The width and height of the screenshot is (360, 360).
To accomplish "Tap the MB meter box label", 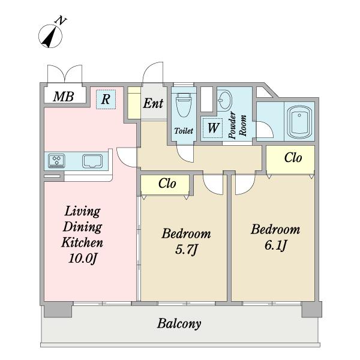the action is (x=64, y=97).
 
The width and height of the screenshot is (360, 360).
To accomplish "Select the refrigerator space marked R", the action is (x=106, y=99).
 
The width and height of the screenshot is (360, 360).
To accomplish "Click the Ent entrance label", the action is (x=153, y=103).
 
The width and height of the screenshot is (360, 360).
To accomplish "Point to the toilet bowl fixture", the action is (x=184, y=104).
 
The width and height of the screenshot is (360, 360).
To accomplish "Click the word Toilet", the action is (x=184, y=131).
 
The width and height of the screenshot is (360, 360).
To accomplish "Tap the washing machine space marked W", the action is (x=213, y=128).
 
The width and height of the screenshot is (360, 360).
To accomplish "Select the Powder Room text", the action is (x=238, y=125).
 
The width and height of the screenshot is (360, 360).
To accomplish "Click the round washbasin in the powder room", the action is (x=224, y=101).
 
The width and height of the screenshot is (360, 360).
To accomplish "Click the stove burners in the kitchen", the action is (x=56, y=160).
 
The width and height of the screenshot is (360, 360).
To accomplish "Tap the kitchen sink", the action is (x=92, y=161).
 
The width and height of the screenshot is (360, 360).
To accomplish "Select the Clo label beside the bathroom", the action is (x=293, y=158).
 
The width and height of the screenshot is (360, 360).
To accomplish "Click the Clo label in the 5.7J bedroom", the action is (x=167, y=184).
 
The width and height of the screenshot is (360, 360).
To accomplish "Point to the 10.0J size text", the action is (x=82, y=259).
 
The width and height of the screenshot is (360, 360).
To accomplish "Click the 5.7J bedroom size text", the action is (x=186, y=250).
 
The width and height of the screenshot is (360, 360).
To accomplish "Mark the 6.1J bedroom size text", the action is (x=275, y=245).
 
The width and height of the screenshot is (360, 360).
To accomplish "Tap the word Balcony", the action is (x=179, y=324).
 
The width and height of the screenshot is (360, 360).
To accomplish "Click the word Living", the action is (x=82, y=211).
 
